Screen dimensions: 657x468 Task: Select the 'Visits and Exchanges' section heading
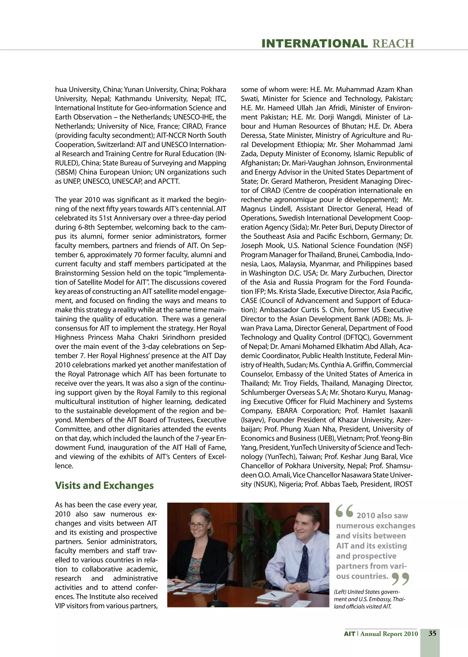click(104, 485)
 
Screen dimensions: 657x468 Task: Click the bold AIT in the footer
click(349, 634)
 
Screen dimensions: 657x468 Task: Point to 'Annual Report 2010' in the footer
click(389, 634)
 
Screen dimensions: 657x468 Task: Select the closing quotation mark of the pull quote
click(401, 578)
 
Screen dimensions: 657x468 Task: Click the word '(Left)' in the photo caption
click(340, 592)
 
